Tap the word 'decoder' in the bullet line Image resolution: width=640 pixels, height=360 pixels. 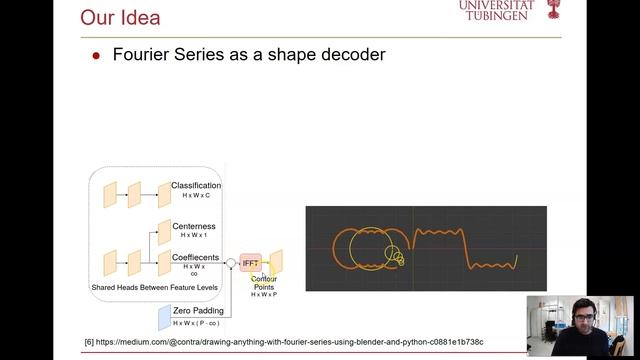tap(346, 55)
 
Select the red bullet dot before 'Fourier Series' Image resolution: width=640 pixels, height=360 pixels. tap(96, 56)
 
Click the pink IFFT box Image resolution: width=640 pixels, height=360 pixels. tap(250, 263)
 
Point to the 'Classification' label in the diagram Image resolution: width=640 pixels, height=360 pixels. tap(196, 185)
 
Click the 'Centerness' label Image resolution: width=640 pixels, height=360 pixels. tap(194, 226)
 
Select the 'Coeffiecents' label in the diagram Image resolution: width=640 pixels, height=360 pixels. tap(196, 257)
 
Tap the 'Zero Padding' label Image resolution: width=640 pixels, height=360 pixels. tap(196, 311)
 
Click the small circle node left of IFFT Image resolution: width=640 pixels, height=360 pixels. tap(230, 263)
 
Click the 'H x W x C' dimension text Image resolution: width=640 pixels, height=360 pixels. tap(195, 195)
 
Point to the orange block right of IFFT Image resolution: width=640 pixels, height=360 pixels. tap(275, 262)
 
